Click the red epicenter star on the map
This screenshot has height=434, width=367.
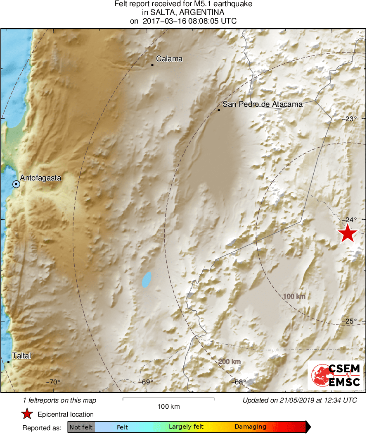(348, 233)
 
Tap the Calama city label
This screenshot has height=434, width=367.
(169, 59)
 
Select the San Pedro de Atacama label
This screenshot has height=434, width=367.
(263, 104)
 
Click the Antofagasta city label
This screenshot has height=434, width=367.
(40, 178)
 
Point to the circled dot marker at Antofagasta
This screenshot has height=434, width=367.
(16, 184)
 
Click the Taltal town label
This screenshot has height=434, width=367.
(21, 355)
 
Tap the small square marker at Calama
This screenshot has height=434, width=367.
(152, 65)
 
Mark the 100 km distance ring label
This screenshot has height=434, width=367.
(294, 296)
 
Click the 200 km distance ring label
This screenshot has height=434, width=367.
(229, 362)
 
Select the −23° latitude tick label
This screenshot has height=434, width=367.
(350, 119)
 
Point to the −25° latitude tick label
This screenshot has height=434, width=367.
(350, 321)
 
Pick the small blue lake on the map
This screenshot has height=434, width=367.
(146, 280)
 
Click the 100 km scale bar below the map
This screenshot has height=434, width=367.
(168, 399)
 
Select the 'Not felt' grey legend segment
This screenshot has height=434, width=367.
(81, 427)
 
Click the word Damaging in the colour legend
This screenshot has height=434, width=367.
(250, 427)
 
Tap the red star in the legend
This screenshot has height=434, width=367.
(27, 414)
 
